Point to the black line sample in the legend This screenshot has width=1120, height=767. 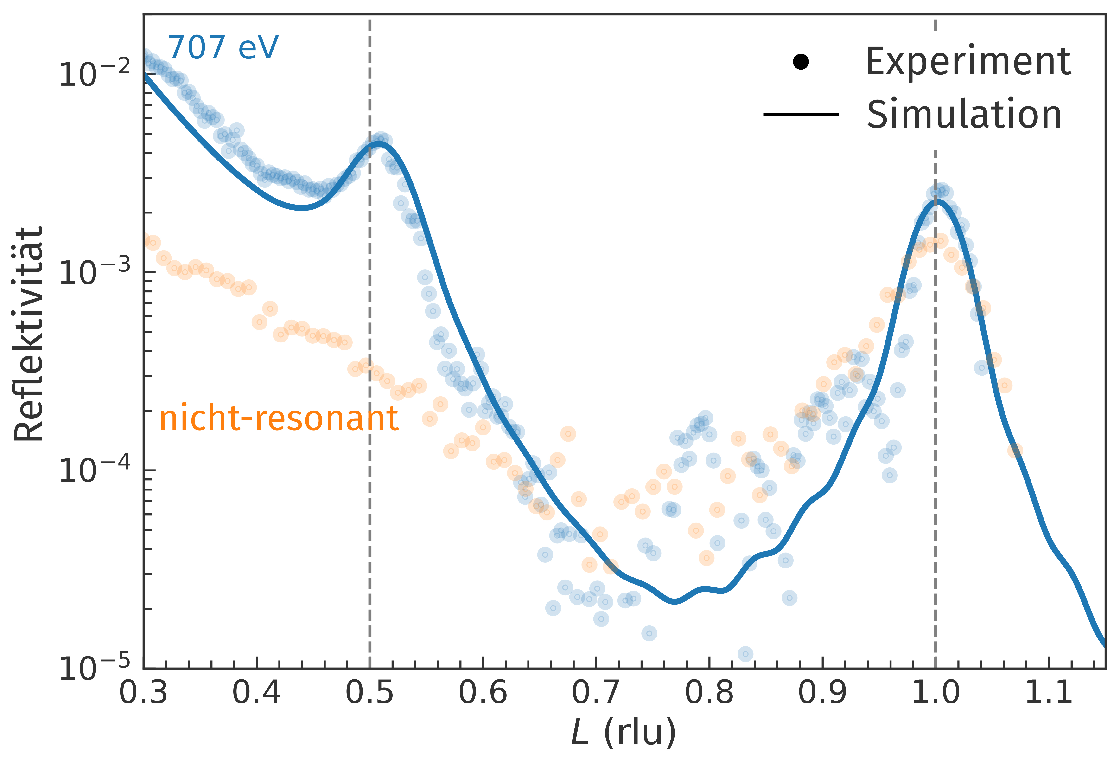point(801,115)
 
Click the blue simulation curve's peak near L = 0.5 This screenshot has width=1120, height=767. point(380,143)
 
